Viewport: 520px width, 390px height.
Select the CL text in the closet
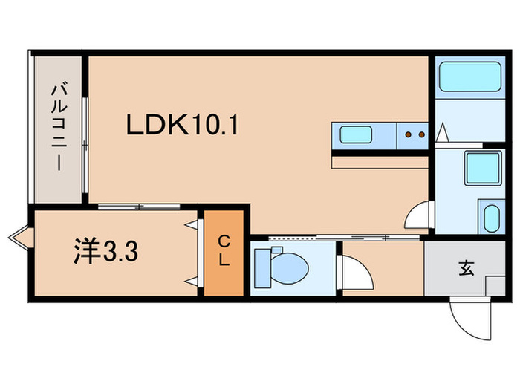[224, 252]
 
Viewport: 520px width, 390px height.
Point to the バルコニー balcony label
[57, 127]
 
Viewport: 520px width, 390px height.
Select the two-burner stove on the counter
[413, 135]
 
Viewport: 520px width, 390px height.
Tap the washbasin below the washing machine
[491, 217]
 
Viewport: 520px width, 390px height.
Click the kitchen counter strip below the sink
[380, 160]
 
